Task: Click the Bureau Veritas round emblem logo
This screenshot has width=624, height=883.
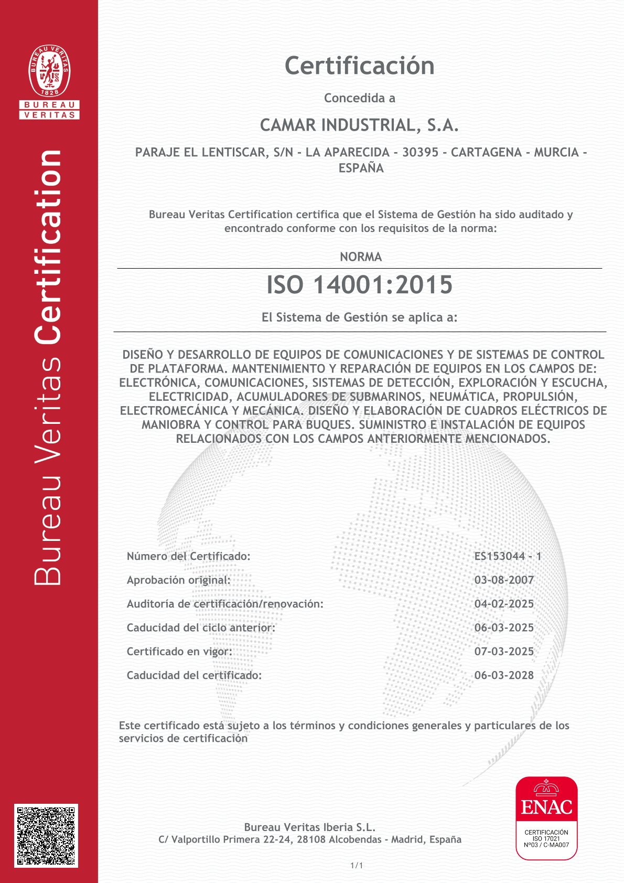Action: (x=49, y=70)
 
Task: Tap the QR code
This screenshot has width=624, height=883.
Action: (x=46, y=835)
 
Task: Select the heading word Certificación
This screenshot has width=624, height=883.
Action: (x=360, y=66)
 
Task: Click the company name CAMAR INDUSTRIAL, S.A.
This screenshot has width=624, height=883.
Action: (x=360, y=125)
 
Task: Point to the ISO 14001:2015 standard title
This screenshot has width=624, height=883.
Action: (x=360, y=285)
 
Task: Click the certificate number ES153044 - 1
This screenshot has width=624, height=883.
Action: (x=508, y=556)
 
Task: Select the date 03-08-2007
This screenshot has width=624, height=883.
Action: (x=504, y=580)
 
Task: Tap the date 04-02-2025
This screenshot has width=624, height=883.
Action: (x=504, y=604)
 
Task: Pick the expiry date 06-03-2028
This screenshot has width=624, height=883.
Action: (x=504, y=675)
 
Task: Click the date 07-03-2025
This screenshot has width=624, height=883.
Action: (x=504, y=652)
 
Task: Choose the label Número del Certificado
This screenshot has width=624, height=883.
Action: (x=188, y=556)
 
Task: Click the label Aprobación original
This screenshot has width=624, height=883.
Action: (x=178, y=580)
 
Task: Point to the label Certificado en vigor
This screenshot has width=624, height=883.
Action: (x=179, y=652)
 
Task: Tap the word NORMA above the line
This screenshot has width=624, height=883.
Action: (x=361, y=257)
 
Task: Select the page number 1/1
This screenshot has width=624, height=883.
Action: (x=357, y=866)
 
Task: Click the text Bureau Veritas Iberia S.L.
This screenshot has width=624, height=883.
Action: (x=310, y=827)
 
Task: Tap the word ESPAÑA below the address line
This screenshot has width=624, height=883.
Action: (x=361, y=168)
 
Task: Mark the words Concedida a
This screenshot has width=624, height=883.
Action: (x=360, y=98)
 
